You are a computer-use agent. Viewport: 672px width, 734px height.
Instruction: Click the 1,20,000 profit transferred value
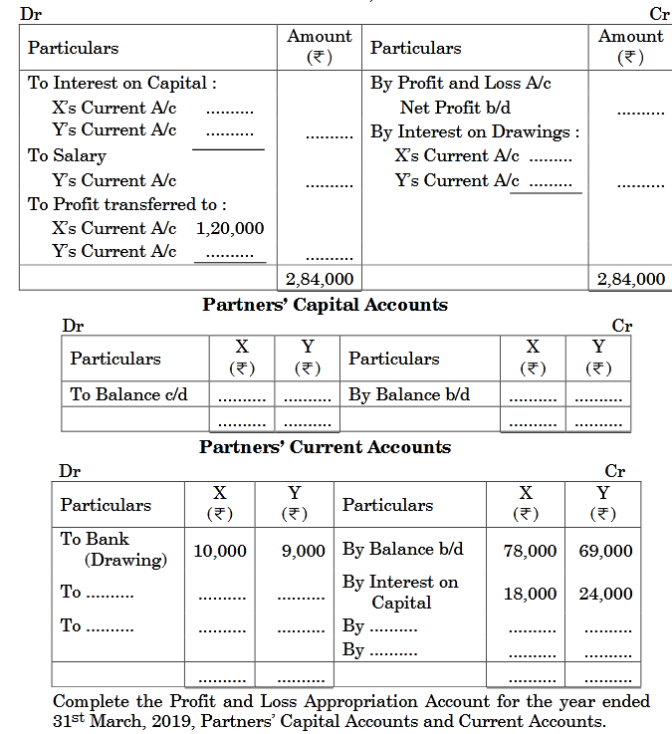[x=230, y=228]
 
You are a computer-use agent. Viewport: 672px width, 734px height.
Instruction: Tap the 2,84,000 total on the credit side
[x=631, y=279]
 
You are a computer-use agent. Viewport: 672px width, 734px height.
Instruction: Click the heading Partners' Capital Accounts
[x=325, y=305]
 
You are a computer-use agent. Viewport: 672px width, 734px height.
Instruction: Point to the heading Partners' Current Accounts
[x=325, y=447]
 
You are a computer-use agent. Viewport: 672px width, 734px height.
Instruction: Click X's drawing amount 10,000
[x=219, y=550]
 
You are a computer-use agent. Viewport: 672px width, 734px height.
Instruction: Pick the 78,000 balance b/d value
[x=530, y=550]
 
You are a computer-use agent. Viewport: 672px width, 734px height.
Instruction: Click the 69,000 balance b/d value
[x=605, y=550]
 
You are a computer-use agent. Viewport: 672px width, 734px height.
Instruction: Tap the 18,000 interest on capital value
[x=530, y=594]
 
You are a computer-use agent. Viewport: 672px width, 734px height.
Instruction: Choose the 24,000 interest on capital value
[x=605, y=594]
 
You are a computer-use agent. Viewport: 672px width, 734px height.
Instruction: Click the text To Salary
[x=67, y=155]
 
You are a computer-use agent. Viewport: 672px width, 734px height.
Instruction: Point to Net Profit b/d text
[x=447, y=108]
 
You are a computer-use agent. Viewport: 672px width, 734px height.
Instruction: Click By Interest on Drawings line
[x=474, y=131]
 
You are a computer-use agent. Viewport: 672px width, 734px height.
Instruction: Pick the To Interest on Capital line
[x=121, y=83]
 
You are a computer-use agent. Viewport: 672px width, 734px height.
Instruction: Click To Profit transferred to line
[x=126, y=204]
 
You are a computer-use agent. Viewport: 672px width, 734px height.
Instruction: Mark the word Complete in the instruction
[x=88, y=700]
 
